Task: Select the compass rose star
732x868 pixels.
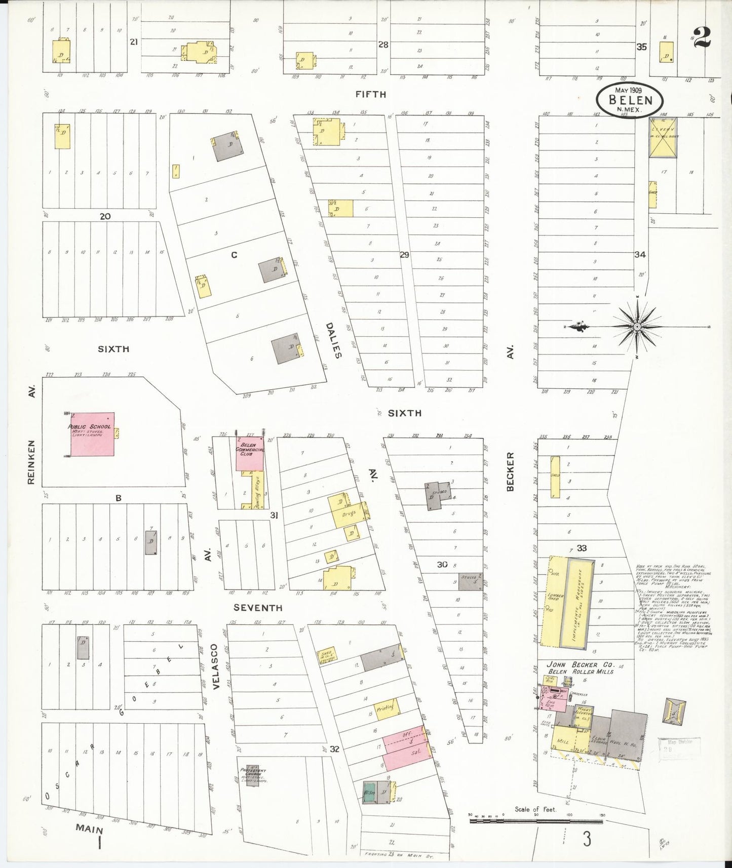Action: coord(636,327)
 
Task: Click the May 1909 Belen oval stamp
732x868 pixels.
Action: coord(630,99)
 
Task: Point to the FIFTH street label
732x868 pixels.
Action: coord(370,94)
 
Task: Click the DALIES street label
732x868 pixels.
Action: coord(333,340)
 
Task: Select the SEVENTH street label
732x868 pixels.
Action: coord(258,607)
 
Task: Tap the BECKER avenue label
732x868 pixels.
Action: coord(510,471)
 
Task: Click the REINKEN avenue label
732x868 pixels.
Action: coord(31,462)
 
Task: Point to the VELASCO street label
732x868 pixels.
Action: coord(215,666)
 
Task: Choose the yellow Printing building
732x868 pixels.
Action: coord(387,708)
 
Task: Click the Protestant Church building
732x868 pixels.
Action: coord(252,775)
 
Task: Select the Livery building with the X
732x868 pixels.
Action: coord(663,137)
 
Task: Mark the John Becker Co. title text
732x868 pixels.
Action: coord(581,664)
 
